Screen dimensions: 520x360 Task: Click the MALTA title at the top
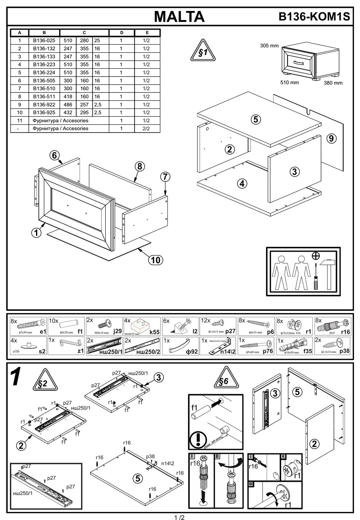179,16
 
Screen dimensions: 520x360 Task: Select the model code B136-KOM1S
314,17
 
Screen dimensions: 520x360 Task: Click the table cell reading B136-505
44,80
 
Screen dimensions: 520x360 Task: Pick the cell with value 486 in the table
68,104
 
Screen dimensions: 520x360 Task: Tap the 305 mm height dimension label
269,45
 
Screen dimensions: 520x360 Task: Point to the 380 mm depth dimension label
333,83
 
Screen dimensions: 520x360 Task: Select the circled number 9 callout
331,138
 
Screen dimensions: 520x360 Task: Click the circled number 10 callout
155,260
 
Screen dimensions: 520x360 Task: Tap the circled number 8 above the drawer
139,166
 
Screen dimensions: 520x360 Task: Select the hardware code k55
154,332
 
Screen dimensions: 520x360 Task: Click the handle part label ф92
192,351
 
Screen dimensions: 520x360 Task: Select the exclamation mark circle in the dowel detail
198,440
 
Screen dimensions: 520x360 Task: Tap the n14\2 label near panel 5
169,463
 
